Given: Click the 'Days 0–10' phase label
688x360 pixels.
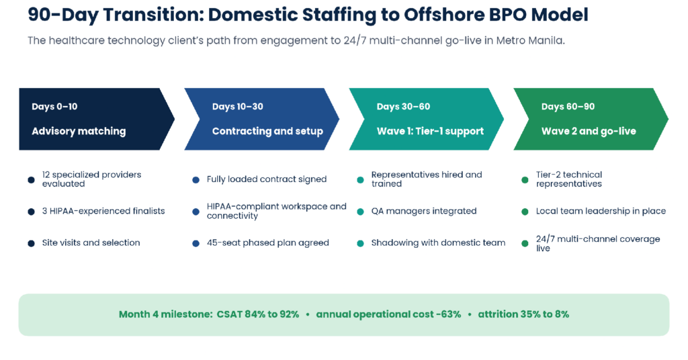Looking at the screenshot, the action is click(54, 107).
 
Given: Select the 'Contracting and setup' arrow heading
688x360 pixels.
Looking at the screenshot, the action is click(267, 131).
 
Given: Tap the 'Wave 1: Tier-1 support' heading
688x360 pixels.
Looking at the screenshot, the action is click(430, 131).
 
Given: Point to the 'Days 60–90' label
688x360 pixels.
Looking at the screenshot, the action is click(568, 107).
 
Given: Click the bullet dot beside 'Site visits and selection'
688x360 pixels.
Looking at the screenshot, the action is click(31, 243).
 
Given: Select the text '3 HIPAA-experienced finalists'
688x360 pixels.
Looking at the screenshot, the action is click(103, 211).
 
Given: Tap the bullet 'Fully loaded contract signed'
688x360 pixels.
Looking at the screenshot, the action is click(267, 179).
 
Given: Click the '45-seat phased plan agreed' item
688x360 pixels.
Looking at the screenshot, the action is click(267, 242).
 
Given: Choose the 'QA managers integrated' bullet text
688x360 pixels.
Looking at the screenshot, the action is click(424, 211).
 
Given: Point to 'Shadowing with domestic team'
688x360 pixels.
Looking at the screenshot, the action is click(438, 242).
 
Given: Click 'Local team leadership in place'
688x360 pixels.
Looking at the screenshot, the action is click(601, 211).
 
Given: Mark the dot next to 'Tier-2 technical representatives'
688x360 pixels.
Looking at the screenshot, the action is click(525, 180).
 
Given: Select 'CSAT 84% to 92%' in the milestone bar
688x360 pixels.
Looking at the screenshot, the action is click(257, 314).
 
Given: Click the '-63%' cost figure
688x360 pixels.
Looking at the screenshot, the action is click(448, 314).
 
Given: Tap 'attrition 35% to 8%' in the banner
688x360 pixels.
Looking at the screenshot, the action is click(523, 314).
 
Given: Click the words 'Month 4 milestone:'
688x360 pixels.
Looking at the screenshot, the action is click(166, 314).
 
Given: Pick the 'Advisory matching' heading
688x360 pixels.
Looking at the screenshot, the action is click(79, 131).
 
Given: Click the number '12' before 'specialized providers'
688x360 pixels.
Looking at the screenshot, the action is click(46, 175).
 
